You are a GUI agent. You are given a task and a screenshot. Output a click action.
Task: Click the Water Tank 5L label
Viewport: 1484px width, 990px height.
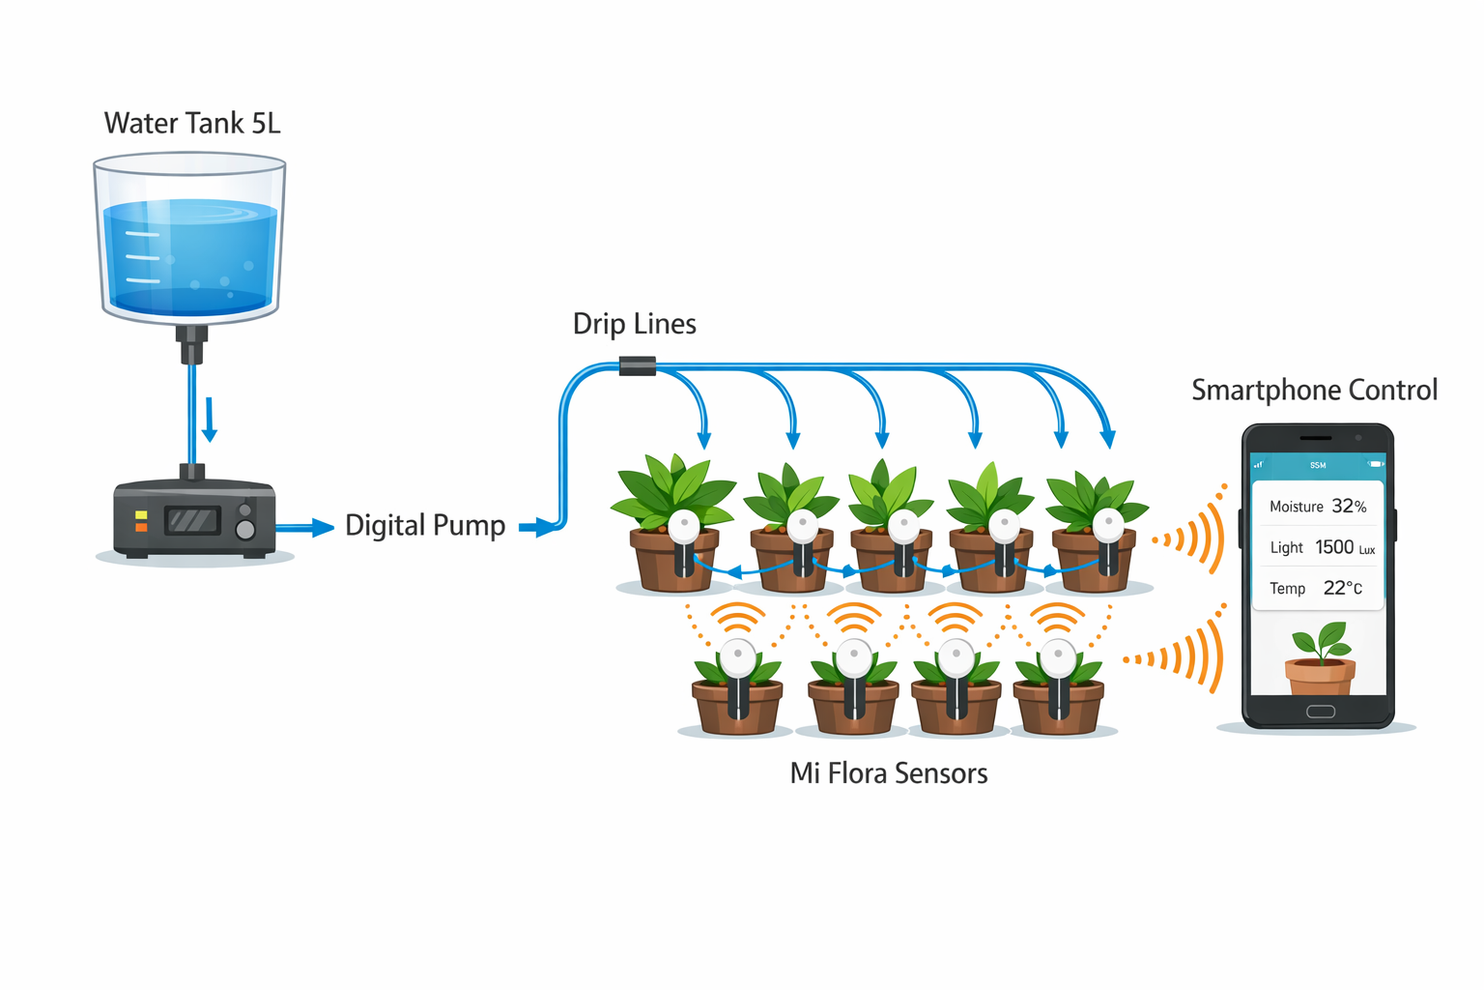point(192,124)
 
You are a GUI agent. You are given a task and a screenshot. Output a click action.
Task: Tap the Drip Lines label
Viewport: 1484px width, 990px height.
point(634,324)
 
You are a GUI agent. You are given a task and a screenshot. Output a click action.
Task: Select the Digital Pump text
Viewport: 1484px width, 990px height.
point(425,525)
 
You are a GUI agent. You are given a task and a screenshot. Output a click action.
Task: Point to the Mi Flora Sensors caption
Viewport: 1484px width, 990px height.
point(888,773)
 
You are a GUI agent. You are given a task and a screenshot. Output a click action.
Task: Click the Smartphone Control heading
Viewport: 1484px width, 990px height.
point(1314,390)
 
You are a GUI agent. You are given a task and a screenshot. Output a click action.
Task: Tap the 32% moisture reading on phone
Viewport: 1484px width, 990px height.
point(1349,507)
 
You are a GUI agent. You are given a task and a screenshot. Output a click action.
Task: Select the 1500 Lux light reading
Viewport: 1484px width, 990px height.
point(1344,548)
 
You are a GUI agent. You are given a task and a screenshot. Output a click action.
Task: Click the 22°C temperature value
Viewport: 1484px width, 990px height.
point(1342,588)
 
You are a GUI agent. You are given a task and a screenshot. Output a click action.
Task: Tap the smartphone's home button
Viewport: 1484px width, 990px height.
point(1320,712)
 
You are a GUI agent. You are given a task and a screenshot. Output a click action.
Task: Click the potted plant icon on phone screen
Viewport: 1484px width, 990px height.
point(1320,659)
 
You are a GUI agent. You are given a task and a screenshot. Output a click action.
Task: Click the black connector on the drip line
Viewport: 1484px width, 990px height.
point(637,366)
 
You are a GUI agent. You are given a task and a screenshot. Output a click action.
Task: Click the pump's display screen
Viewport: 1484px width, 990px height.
point(192,521)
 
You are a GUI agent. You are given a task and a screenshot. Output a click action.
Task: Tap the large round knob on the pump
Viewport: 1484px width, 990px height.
point(245,530)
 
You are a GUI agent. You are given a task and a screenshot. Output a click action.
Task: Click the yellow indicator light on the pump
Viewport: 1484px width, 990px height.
point(141,515)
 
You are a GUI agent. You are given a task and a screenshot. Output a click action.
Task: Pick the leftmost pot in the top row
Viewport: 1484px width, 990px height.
point(673,561)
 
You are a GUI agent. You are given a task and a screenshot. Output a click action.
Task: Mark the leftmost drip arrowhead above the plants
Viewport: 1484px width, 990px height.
point(703,440)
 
